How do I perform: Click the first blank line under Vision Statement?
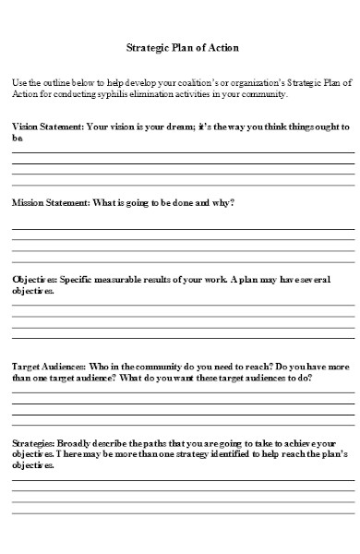[x=182, y=151]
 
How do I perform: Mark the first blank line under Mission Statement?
[x=182, y=228]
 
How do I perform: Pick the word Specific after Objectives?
[x=77, y=278]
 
